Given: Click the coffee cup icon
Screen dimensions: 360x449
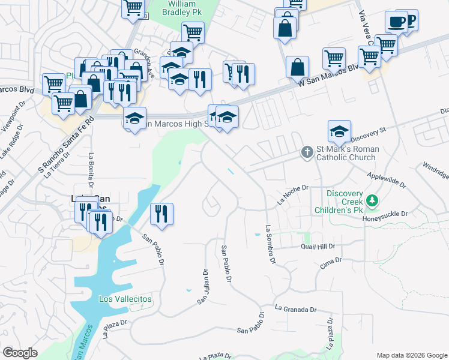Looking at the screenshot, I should pos(396,22).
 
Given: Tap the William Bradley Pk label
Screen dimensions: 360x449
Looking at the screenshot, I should pos(181,8).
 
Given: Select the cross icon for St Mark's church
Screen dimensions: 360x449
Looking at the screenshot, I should pos(307,152).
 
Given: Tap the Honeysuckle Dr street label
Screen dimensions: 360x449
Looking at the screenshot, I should pos(385,214).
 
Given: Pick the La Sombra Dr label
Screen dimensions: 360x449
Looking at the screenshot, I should pos(270,245).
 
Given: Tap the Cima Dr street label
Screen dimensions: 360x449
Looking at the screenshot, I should pos(330,263).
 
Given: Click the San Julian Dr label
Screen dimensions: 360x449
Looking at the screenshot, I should pos(205,286).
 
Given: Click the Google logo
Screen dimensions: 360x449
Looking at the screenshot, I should pos(20,353).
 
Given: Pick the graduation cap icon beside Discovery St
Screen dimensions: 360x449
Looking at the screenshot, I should pos(339,131).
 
